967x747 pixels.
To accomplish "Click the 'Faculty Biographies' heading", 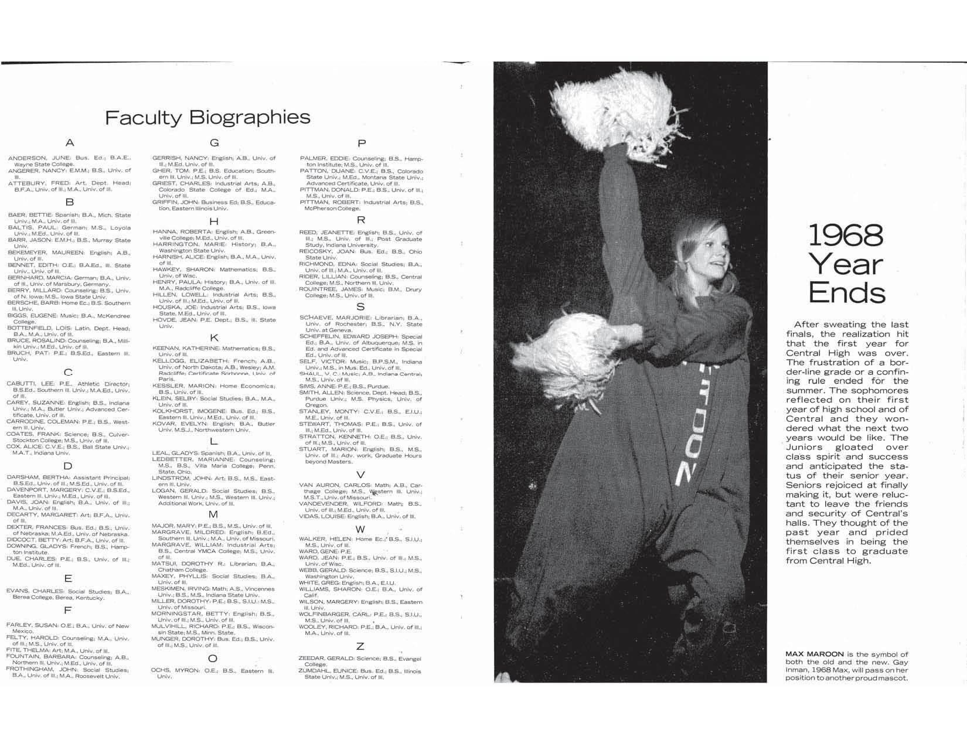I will tap(207, 117).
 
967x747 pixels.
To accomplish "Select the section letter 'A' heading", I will tap(70, 142).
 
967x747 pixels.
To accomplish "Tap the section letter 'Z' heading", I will tap(360, 646).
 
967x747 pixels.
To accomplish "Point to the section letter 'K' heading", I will tap(214, 337).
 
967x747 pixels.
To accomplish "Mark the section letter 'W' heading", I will tap(360, 529).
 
